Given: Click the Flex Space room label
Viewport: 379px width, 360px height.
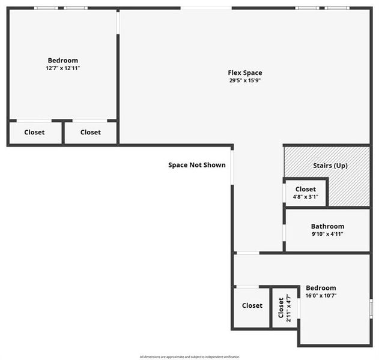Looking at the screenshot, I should pyautogui.click(x=245, y=73).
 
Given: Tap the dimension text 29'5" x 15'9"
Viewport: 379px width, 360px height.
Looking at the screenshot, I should pyautogui.click(x=245, y=80).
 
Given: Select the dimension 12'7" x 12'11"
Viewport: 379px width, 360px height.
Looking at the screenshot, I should pyautogui.click(x=63, y=68).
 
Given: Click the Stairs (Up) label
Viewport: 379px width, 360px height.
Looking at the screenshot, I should pyautogui.click(x=330, y=166).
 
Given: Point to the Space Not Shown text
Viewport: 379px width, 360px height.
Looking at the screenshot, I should pyautogui.click(x=196, y=165).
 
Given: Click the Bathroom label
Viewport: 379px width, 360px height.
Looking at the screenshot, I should pyautogui.click(x=327, y=226).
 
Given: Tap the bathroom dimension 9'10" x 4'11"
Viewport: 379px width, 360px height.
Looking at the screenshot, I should pyautogui.click(x=327, y=234).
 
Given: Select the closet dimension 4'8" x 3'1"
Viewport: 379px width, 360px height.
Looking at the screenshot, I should pyautogui.click(x=305, y=197).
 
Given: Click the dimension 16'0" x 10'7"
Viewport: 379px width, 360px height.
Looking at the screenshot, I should pyautogui.click(x=321, y=295).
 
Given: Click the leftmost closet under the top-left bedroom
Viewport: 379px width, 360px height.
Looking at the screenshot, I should pyautogui.click(x=34, y=132).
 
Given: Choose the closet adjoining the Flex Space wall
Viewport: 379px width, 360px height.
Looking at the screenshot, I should pyautogui.click(x=91, y=132).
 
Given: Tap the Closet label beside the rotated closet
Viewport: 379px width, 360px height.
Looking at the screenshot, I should pyautogui.click(x=252, y=305).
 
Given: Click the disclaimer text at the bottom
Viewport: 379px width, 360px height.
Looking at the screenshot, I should pyautogui.click(x=189, y=356).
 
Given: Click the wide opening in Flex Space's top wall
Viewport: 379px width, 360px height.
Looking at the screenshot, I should pyautogui.click(x=206, y=8).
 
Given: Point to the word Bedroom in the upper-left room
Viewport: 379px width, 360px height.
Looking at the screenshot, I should pyautogui.click(x=63, y=61).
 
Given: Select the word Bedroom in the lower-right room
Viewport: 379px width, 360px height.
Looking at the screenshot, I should pyautogui.click(x=321, y=288).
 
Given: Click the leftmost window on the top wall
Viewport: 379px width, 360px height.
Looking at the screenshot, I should pyautogui.click(x=46, y=8).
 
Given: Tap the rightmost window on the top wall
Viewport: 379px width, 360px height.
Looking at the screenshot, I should pyautogui.click(x=337, y=8).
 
